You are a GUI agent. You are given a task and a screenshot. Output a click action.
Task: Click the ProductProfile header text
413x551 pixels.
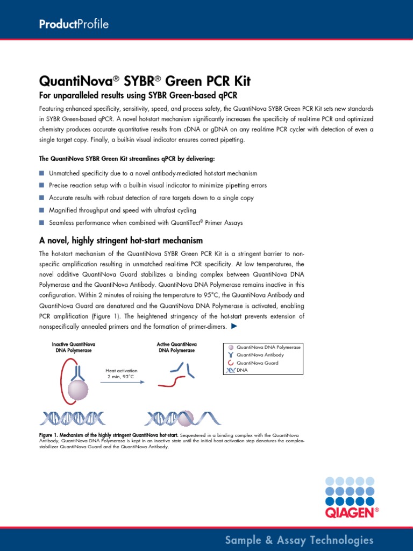(74, 24)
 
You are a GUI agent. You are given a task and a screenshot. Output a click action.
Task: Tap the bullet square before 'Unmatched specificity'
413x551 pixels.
(42, 173)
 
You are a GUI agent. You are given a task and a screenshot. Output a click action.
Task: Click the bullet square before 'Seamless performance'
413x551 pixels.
(42, 222)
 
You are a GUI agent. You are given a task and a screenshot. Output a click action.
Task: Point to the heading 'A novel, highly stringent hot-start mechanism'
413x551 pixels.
(121, 240)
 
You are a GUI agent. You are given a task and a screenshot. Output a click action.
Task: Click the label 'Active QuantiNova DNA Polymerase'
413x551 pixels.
(176, 347)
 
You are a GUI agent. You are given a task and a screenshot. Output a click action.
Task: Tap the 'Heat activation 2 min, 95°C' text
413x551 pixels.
(122, 373)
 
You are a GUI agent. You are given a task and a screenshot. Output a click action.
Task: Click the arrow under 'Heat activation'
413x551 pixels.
(122, 382)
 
